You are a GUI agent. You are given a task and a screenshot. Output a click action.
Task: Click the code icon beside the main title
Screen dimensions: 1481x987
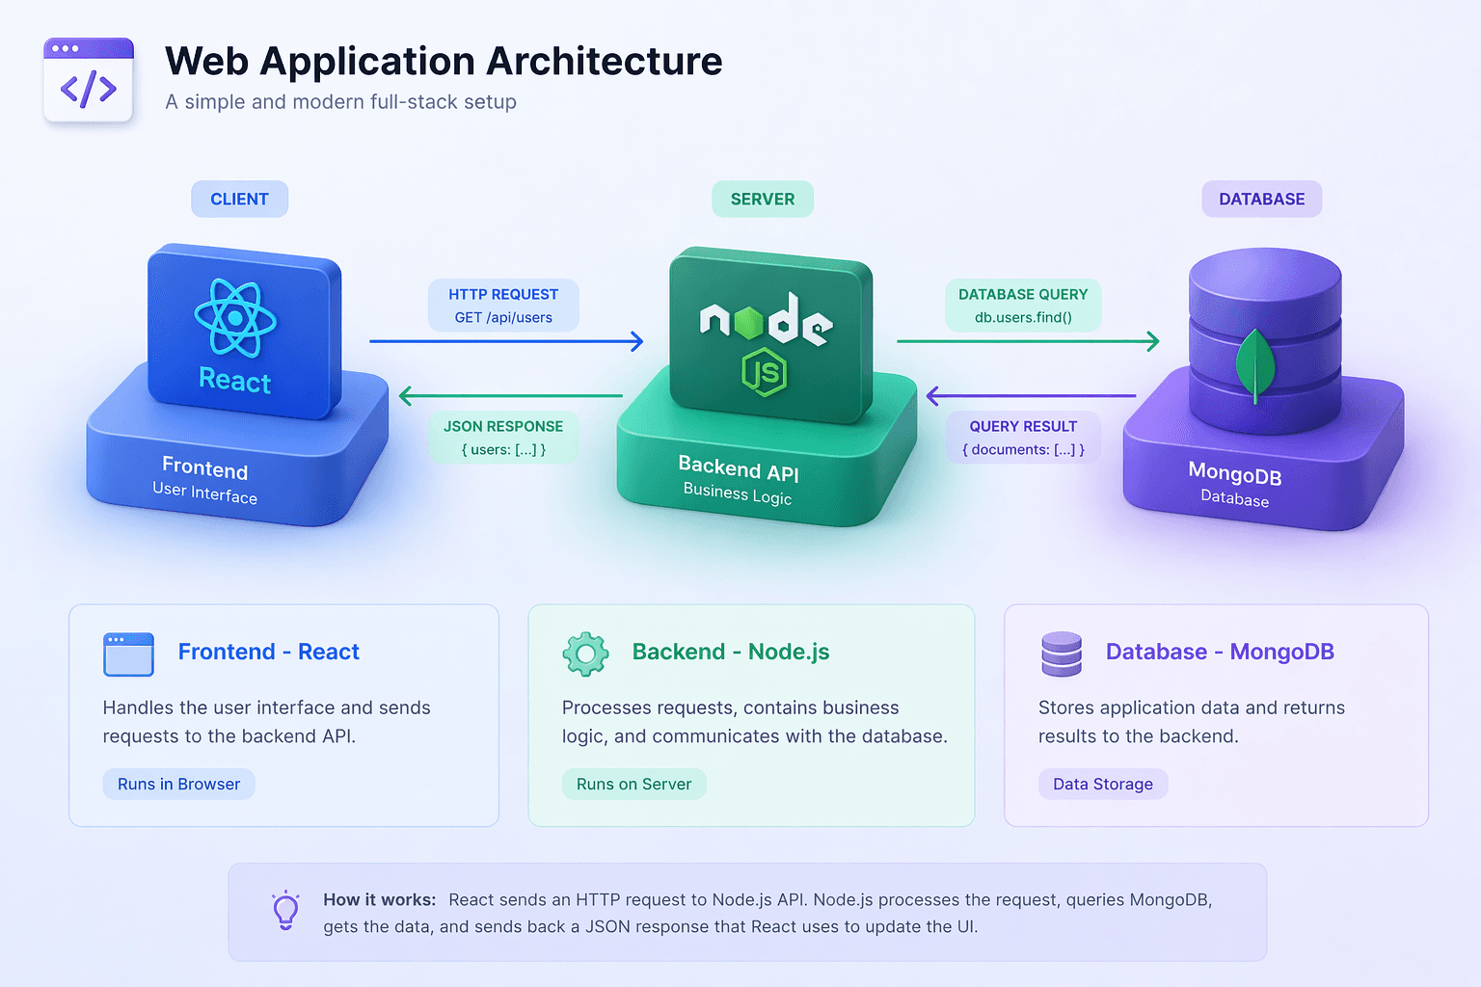tap(89, 80)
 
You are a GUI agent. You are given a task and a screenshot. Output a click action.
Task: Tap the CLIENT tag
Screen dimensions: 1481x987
tap(239, 199)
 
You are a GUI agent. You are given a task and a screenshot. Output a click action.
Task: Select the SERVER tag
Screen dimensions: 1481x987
tap(763, 199)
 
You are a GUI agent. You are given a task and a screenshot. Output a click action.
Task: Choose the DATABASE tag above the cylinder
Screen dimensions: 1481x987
tap(1261, 199)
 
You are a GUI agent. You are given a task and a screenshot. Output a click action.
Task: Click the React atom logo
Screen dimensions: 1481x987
tap(235, 318)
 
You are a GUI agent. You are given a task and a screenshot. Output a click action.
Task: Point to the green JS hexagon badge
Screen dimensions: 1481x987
tap(765, 372)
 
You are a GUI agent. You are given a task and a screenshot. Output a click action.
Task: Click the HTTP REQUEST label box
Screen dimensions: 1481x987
tap(503, 306)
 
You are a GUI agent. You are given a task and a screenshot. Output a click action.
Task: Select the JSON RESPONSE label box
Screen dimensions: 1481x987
tap(503, 438)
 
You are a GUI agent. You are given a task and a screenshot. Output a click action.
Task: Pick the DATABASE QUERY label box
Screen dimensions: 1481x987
tap(1023, 306)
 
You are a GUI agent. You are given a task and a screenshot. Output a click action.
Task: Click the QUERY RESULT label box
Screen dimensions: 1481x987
tap(1023, 438)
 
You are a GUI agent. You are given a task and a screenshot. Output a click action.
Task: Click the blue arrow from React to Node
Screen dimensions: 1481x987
tap(506, 341)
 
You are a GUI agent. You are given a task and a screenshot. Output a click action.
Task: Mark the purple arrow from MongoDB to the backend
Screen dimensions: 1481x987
tap(1032, 396)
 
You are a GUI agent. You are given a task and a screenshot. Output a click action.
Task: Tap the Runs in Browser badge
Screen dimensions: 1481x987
tap(178, 784)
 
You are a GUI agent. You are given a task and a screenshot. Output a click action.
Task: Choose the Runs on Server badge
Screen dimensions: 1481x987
tap(633, 784)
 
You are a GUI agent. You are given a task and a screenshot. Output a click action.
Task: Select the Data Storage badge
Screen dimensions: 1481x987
tap(1103, 784)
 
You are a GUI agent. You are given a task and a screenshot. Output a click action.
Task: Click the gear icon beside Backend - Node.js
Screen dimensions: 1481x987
tap(586, 654)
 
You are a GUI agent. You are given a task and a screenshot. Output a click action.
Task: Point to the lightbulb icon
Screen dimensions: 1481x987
tap(285, 910)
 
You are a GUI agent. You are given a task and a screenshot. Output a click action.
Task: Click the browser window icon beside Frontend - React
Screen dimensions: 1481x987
tap(128, 654)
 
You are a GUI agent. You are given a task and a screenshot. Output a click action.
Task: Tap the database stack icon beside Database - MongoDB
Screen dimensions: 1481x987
tap(1062, 654)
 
